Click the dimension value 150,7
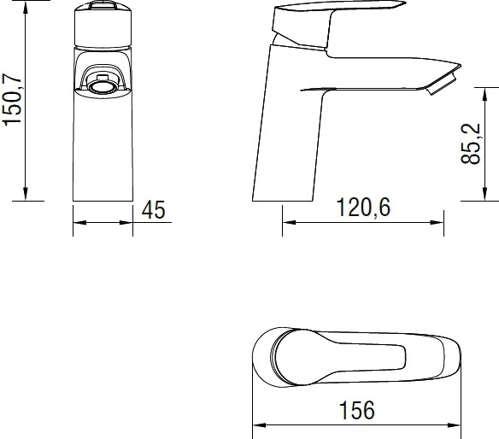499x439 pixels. click(12, 99)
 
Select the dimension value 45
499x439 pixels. click(154, 209)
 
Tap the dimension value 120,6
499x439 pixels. click(363, 207)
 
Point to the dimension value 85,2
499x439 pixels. click(471, 143)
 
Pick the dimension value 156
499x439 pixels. click(357, 410)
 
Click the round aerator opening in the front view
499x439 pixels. click(103, 86)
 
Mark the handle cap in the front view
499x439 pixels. click(103, 25)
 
